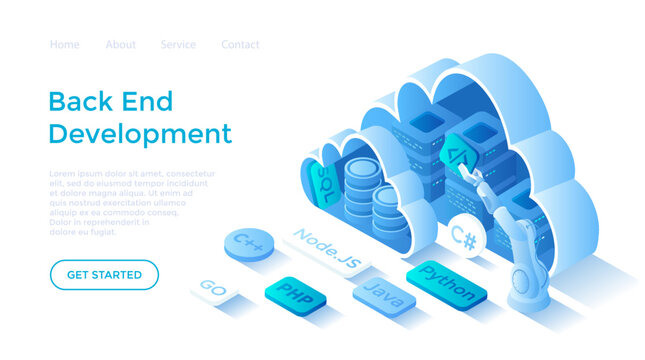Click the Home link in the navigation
click(x=64, y=45)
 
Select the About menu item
click(x=121, y=45)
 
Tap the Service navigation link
click(x=178, y=45)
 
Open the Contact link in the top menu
click(x=240, y=45)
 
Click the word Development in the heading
click(x=140, y=133)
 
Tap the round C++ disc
click(x=247, y=242)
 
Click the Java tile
click(x=383, y=294)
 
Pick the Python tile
click(x=446, y=283)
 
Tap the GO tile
click(x=214, y=287)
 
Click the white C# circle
click(x=463, y=237)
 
